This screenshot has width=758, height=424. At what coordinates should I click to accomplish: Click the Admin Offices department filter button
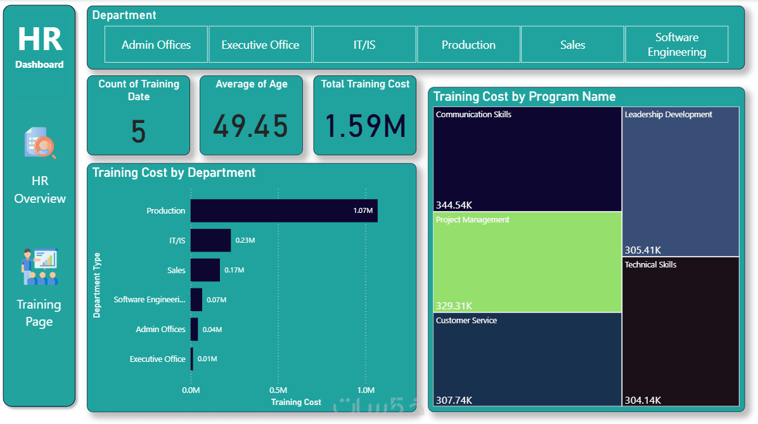[x=156, y=44]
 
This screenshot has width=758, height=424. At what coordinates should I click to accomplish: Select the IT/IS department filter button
[x=364, y=44]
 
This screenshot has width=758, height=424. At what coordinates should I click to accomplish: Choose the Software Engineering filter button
[x=676, y=44]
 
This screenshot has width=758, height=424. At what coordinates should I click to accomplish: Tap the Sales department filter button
[x=572, y=44]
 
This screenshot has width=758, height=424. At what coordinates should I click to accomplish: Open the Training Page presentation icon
[x=39, y=267]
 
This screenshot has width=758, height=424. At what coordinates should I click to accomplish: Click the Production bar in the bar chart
[x=283, y=210]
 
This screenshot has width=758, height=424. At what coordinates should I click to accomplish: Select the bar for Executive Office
[x=192, y=359]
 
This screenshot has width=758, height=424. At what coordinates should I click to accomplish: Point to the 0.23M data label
[x=245, y=240]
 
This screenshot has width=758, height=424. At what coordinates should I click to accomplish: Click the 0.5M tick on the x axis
[x=278, y=390]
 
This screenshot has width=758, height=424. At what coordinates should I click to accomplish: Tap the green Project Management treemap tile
[x=527, y=262]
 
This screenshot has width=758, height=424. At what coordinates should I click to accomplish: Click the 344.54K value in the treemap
[x=454, y=205]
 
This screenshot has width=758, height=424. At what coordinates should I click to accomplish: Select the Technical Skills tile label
[x=650, y=264]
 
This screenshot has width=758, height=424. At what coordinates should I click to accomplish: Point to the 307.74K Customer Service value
[x=454, y=400]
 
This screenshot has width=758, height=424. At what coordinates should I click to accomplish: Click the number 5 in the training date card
[x=138, y=132]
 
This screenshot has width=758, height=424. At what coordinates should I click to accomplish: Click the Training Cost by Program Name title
[x=524, y=96]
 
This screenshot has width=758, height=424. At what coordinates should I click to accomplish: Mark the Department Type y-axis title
[x=97, y=285]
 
